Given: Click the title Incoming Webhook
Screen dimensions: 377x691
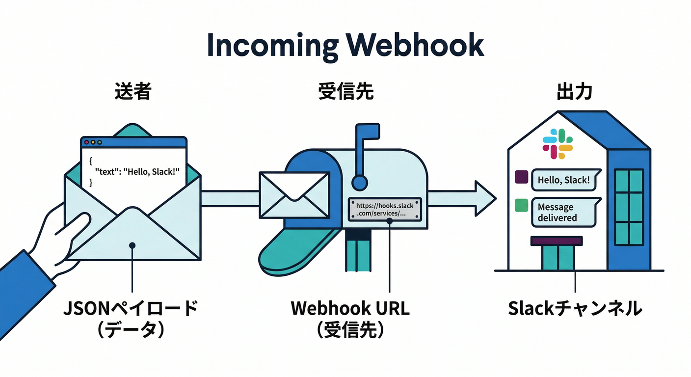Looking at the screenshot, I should click(x=345, y=45).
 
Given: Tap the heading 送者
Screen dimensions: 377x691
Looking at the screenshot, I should click(x=133, y=91).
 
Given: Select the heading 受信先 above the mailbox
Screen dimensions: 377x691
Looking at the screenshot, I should click(x=345, y=91).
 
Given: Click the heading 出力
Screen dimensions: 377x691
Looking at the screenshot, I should click(x=574, y=91).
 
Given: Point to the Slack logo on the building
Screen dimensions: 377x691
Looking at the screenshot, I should click(x=558, y=144).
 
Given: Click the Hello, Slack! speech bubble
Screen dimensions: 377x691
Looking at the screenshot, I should click(x=565, y=180).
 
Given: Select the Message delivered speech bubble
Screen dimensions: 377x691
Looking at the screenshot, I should click(x=565, y=213).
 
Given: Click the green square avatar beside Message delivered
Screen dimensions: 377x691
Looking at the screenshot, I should click(x=521, y=205).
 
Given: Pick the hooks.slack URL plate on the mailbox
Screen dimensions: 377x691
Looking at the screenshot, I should click(x=385, y=210).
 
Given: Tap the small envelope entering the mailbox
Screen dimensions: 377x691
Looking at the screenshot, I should click(x=294, y=195).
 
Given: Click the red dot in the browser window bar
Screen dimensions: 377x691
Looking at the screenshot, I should click(x=87, y=142).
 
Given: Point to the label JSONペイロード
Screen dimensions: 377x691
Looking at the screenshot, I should click(x=131, y=309).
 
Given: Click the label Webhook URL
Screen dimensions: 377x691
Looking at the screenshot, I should click(x=350, y=308).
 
